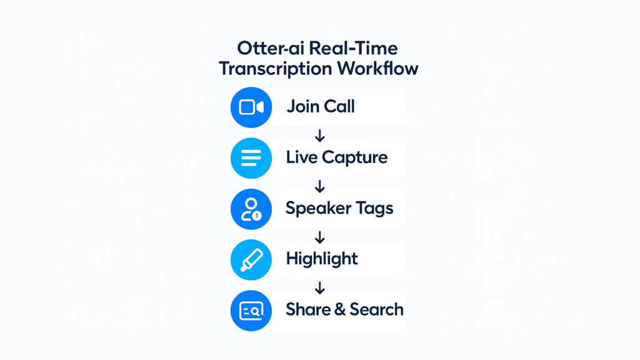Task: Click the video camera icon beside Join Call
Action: pos(251,107)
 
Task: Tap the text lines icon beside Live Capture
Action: pos(251,158)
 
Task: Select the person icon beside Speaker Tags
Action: pos(251,209)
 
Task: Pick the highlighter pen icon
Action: pos(251,259)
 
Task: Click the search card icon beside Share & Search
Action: pos(251,311)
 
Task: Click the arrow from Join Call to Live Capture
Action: pos(320,136)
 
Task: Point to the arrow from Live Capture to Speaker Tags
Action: pos(320,186)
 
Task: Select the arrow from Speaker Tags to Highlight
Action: pos(320,237)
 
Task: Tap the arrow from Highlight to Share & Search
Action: pos(320,288)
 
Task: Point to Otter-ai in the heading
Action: pos(271,48)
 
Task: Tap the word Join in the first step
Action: pos(303,106)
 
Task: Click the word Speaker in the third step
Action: pos(318,208)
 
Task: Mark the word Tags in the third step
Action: pos(374,209)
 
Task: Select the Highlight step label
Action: pos(322,259)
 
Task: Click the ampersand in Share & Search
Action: pos(339,309)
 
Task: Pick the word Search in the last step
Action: pos(376,309)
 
